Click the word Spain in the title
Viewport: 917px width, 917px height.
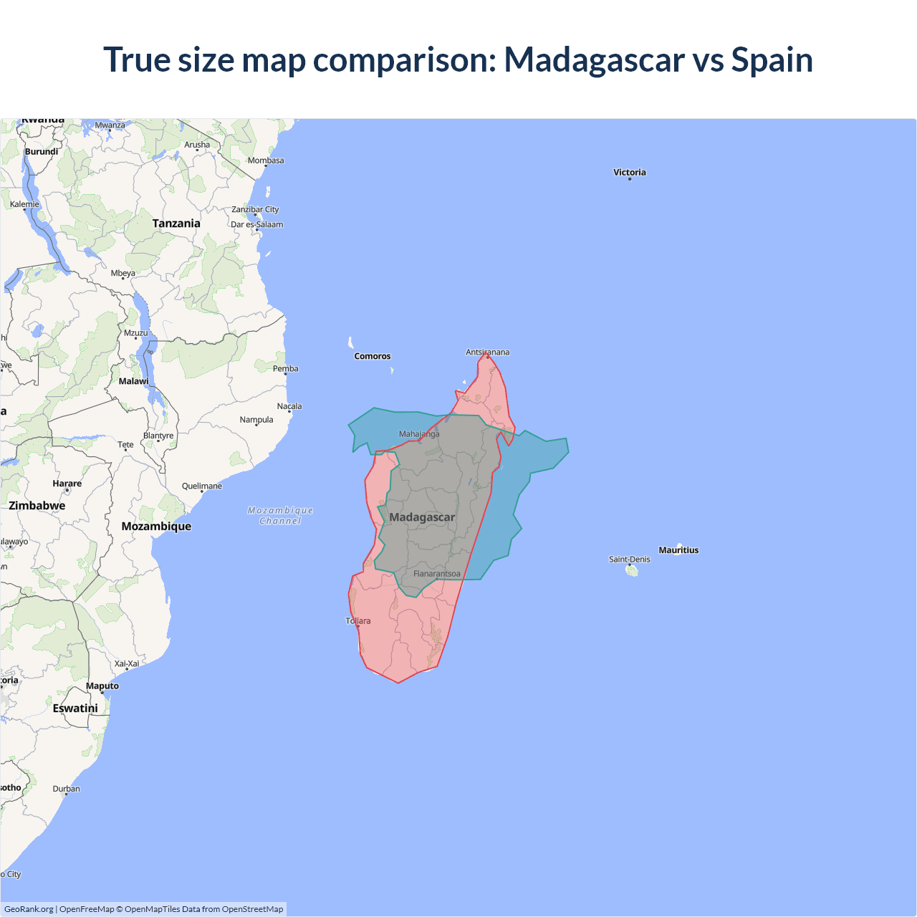click(x=772, y=59)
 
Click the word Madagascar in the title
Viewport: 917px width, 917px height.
click(x=595, y=59)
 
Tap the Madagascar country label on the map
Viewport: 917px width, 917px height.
click(x=422, y=517)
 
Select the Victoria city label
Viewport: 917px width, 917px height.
click(x=630, y=173)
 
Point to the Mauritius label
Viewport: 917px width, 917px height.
click(x=678, y=550)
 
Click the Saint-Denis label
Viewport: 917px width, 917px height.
click(x=630, y=560)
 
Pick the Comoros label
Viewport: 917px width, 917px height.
click(x=373, y=356)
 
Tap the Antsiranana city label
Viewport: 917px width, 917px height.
click(x=488, y=352)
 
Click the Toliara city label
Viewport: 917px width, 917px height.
click(x=358, y=621)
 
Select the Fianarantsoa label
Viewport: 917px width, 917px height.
click(x=437, y=574)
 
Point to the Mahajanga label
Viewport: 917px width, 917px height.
click(x=419, y=434)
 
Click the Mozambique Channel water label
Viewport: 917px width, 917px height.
click(x=280, y=516)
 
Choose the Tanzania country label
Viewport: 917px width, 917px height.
click(x=176, y=224)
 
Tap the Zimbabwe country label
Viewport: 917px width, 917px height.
click(x=37, y=506)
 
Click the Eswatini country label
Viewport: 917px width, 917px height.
click(x=75, y=709)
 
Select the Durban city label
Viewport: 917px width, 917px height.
click(x=67, y=789)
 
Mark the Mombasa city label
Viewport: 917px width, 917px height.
click(x=266, y=160)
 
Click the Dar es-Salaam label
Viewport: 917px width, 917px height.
click(x=256, y=224)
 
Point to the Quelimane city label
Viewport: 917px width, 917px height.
click(x=202, y=486)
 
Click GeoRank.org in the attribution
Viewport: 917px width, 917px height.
click(x=29, y=909)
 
